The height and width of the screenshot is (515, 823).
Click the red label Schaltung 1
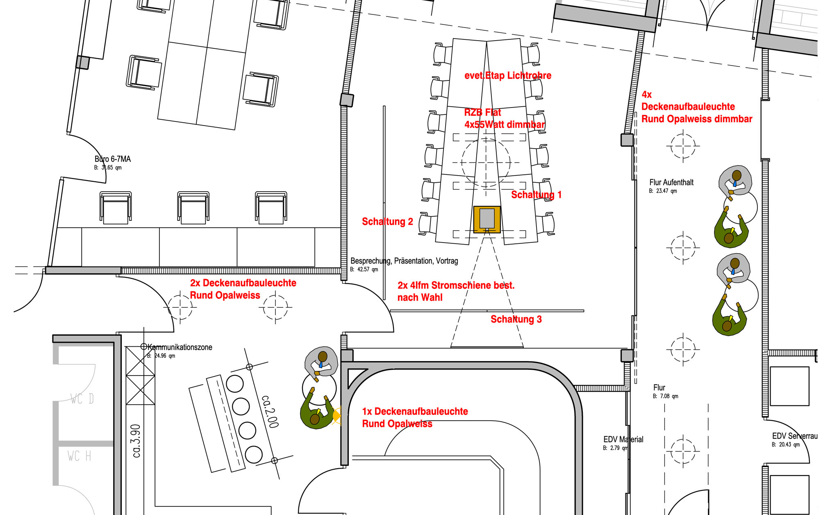(x=536, y=195)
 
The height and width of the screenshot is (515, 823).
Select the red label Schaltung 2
(x=387, y=222)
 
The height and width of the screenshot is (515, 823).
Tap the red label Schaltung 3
(x=516, y=319)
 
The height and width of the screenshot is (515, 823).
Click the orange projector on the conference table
(x=487, y=219)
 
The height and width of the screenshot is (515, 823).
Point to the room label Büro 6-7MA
(x=113, y=159)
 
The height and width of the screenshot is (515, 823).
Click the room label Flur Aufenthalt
(x=671, y=183)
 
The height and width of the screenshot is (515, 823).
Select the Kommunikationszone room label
(x=180, y=347)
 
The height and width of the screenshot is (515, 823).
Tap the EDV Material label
(x=623, y=439)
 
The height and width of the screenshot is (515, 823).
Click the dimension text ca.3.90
(x=136, y=441)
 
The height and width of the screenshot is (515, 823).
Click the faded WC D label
(x=82, y=399)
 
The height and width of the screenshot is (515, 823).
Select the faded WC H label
(x=80, y=456)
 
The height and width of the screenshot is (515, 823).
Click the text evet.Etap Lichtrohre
(x=508, y=76)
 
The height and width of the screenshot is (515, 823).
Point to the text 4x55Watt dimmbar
(x=505, y=125)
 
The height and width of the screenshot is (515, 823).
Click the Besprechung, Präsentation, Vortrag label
(x=404, y=261)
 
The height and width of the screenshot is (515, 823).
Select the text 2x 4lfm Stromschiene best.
(x=456, y=286)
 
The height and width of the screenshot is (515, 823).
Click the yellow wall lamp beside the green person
(x=336, y=416)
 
